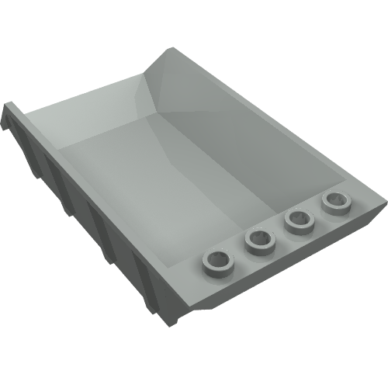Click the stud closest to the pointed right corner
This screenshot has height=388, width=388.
coord(336,203)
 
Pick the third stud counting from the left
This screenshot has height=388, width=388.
coord(296,222)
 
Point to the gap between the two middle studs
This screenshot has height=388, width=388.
coord(275,233)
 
